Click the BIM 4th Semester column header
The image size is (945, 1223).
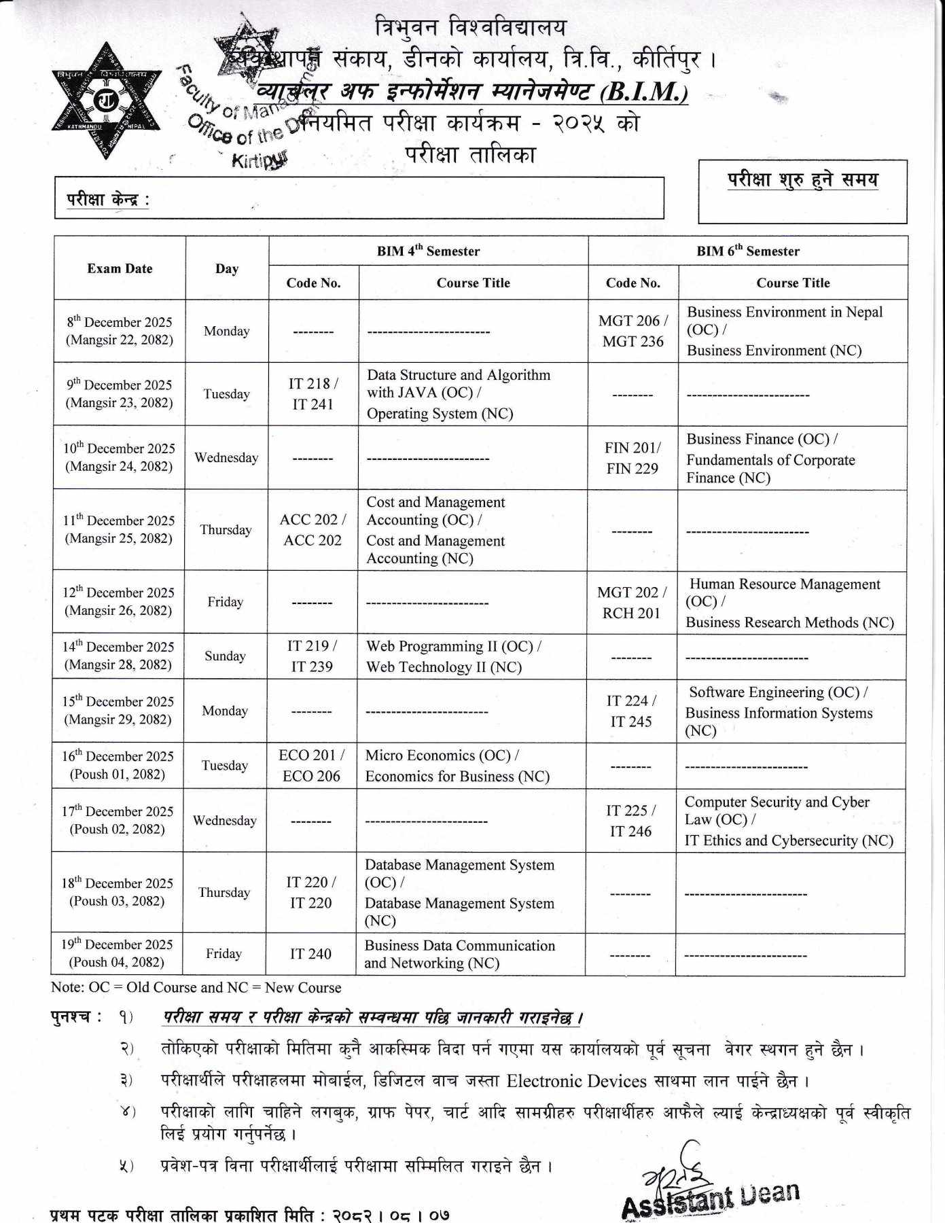point(428,251)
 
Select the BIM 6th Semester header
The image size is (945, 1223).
point(747,251)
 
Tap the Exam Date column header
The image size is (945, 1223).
point(120,268)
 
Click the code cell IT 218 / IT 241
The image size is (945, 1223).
point(313,394)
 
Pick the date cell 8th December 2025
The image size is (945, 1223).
point(120,331)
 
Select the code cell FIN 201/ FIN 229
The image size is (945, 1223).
point(632,458)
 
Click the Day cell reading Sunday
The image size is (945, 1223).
point(225,656)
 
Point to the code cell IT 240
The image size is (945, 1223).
point(310,954)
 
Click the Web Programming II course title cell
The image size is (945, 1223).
point(453,656)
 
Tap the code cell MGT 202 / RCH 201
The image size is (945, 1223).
point(631,603)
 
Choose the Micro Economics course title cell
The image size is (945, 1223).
point(457,766)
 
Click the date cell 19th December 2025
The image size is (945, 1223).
point(117,953)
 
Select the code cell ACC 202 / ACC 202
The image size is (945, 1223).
point(313,530)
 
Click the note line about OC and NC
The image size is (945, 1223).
point(196,987)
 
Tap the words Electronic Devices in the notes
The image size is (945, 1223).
point(576,1081)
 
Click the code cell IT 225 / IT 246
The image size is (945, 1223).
point(630,821)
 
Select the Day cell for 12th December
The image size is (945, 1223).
point(225,602)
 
